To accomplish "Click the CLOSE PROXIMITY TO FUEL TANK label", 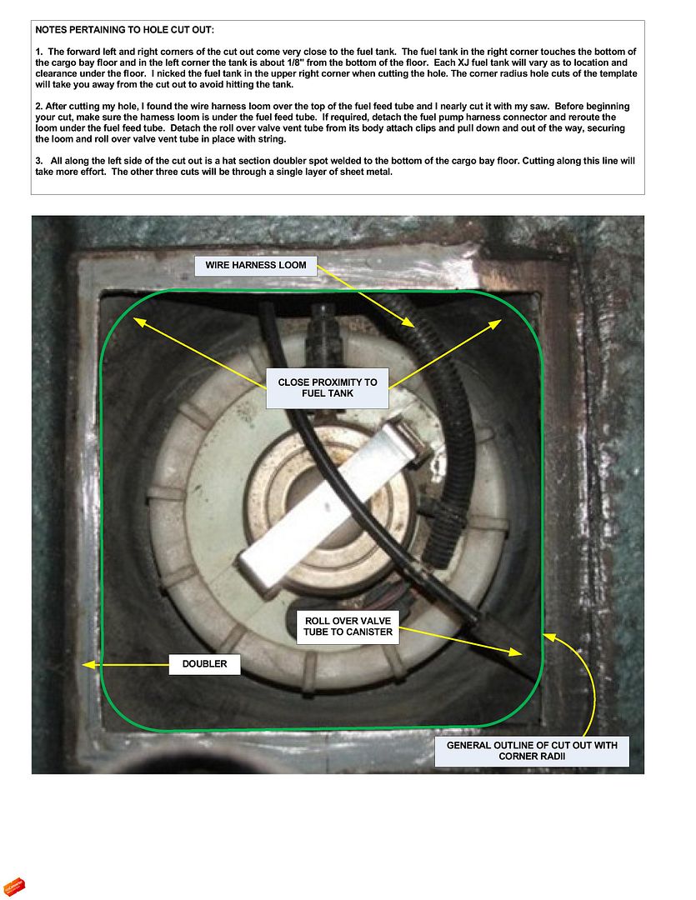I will (328, 387).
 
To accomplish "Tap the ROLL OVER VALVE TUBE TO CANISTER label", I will (348, 626).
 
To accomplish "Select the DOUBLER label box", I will (204, 664).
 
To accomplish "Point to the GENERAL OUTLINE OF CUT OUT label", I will (532, 751).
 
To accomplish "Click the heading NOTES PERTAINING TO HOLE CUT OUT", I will (125, 30).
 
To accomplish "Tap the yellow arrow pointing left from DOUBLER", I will (125, 664).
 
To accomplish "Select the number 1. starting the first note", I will (39, 52).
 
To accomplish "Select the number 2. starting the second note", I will (39, 107).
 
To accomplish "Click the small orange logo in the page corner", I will (15, 887).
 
